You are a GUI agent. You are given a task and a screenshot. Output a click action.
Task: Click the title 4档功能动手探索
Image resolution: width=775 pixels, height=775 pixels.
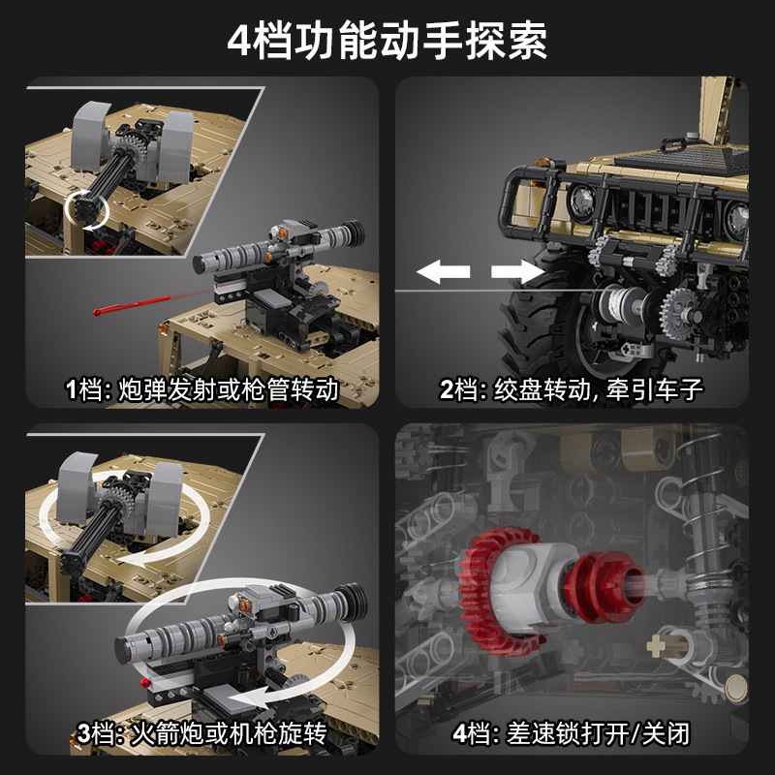click(x=387, y=41)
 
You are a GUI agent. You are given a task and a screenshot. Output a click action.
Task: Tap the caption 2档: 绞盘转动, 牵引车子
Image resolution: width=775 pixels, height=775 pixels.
click(x=571, y=389)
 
